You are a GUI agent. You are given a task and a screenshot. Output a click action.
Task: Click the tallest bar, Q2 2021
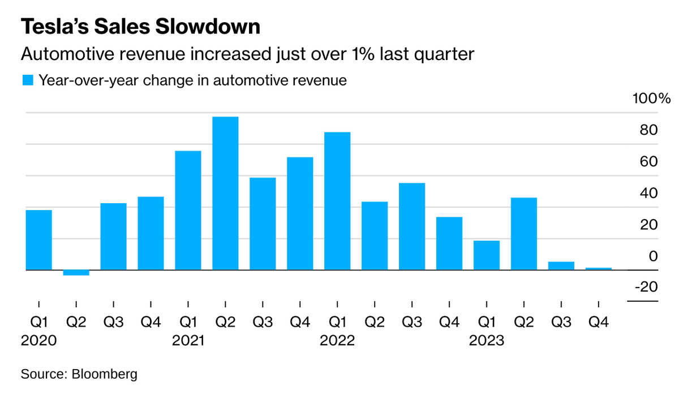[x=225, y=193]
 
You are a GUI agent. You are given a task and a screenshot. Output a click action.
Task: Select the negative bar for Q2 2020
[x=76, y=273]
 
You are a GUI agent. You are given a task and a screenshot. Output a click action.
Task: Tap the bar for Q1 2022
[x=337, y=201]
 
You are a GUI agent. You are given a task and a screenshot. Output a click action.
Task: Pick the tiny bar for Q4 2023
[x=599, y=269]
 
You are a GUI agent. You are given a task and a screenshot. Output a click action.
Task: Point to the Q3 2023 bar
[x=561, y=266]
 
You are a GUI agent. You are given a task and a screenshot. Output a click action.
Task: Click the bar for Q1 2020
[x=39, y=240]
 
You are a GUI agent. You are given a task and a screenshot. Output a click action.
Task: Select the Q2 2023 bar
[x=524, y=234]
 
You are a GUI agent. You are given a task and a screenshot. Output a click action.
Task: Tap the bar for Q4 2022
[x=449, y=243]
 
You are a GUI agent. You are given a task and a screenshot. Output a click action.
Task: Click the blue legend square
[x=28, y=80]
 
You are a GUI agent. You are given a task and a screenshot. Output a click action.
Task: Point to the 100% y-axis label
[x=651, y=99]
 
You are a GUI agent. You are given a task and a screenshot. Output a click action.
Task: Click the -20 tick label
[x=647, y=286]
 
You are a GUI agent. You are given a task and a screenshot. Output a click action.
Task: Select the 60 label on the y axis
[x=648, y=162]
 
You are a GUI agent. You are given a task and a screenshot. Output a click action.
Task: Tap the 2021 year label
[x=188, y=340]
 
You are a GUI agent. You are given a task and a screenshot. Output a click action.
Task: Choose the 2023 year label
[x=487, y=340]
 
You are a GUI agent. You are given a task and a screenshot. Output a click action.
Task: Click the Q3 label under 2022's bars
[x=412, y=322]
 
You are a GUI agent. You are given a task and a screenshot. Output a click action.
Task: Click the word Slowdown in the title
[x=208, y=27]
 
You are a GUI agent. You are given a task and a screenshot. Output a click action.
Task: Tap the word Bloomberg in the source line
[x=104, y=374]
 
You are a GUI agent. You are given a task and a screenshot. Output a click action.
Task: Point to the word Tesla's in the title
[x=55, y=27]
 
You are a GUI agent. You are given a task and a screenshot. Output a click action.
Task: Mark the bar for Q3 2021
[x=263, y=224]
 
